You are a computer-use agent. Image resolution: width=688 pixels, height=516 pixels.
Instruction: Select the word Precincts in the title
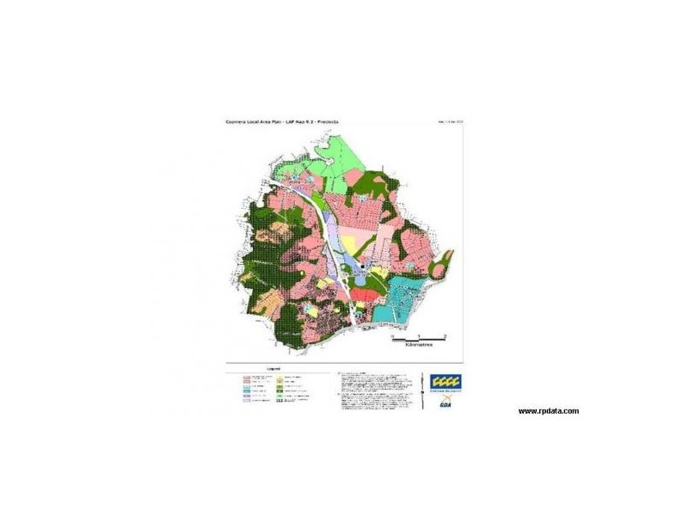point(324,122)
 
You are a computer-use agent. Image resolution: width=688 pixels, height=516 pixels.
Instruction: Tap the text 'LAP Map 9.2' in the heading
point(296,122)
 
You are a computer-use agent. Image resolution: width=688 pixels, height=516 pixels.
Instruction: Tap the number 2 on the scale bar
point(444,335)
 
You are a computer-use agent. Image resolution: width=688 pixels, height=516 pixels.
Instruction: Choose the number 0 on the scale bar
point(391,335)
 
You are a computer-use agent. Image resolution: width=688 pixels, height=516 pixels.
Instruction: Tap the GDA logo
point(446,402)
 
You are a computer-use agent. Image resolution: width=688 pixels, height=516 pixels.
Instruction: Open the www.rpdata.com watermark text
point(548,411)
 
